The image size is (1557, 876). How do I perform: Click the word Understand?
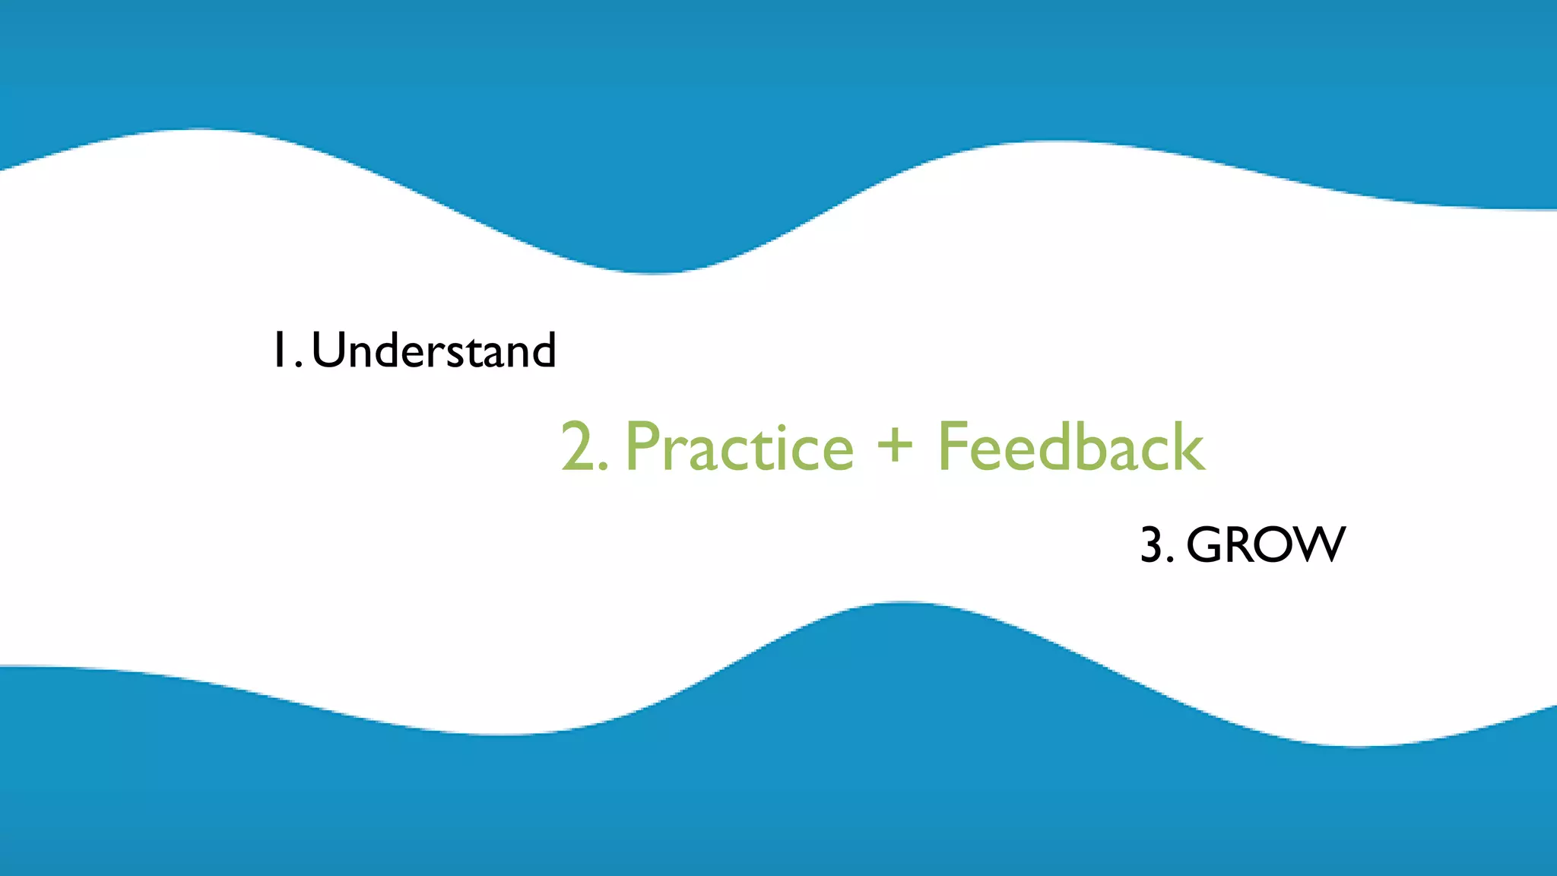[433, 351]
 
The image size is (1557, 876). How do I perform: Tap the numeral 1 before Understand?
[279, 351]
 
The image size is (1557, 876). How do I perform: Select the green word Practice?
[739, 447]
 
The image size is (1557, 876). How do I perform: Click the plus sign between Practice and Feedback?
[895, 444]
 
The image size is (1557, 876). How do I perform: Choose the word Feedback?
[1071, 446]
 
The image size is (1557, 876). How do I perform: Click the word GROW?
[1265, 544]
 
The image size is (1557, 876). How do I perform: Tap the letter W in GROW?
[1318, 544]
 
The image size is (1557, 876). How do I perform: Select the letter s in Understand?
[456, 355]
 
